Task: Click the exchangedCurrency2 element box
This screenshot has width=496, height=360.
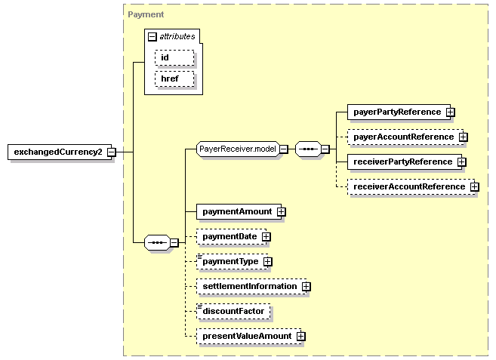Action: pyautogui.click(x=60, y=152)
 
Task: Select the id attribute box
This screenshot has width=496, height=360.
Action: pyautogui.click(x=174, y=57)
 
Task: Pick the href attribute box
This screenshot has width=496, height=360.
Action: pyautogui.click(x=174, y=78)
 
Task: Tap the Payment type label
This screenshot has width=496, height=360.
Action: pyautogui.click(x=146, y=14)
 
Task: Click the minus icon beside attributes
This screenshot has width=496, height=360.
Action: pyautogui.click(x=152, y=37)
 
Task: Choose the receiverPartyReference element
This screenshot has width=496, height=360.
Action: pyautogui.click(x=405, y=162)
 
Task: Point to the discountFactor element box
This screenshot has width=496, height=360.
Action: pyautogui.click(x=233, y=311)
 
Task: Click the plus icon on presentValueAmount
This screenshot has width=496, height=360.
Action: pyautogui.click(x=301, y=337)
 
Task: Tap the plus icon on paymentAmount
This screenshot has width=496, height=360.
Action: pyautogui.click(x=281, y=211)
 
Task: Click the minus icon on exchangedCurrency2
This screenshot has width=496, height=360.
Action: pyautogui.click(x=111, y=152)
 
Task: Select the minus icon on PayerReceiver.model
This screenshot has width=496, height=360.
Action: pyautogui.click(x=284, y=149)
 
